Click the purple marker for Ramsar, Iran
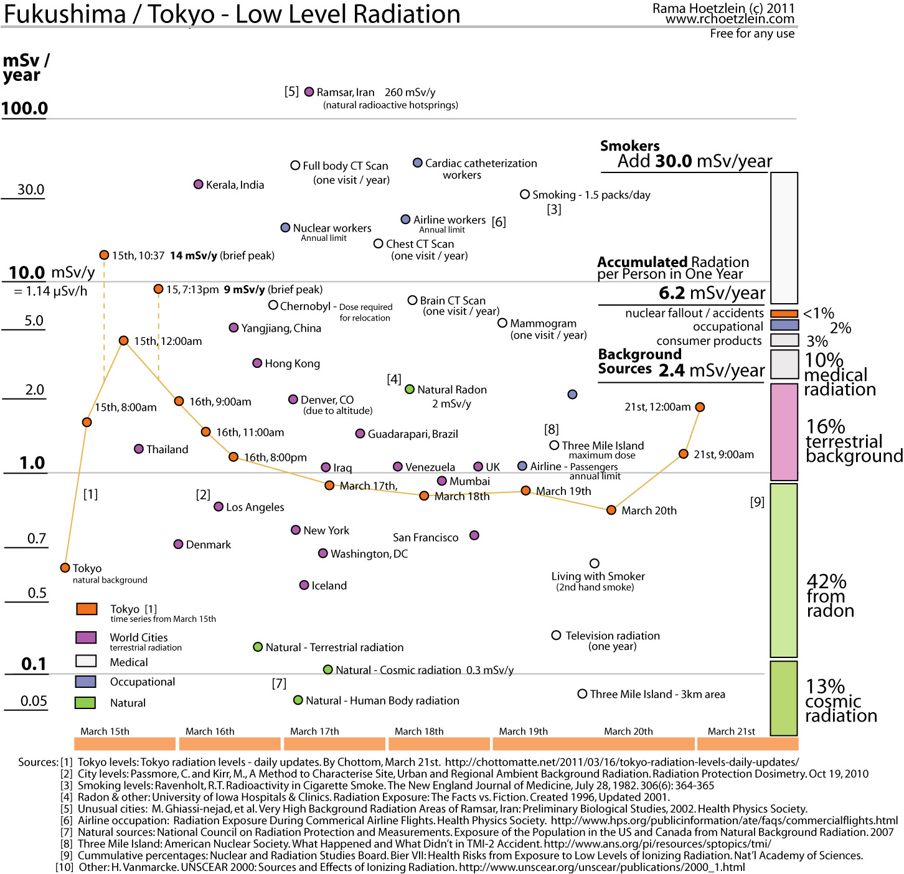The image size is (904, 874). tap(309, 92)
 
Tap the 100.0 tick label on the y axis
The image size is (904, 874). tap(25, 108)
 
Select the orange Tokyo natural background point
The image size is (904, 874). tap(65, 568)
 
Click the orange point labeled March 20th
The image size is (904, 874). tap(611, 510)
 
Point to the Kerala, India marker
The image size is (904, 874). tap(198, 184)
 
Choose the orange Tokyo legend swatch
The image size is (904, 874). tap(87, 609)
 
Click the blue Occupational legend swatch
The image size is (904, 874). tap(85, 682)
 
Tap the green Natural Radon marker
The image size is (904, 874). tap(410, 389)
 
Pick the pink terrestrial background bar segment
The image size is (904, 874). tap(784, 432)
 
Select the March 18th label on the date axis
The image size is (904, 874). tap(419, 731)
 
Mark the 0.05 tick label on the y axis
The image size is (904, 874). tap(34, 701)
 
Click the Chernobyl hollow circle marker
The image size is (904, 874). tap(273, 305)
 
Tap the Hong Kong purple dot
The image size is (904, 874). tap(257, 363)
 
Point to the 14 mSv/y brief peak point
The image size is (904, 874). tap(104, 255)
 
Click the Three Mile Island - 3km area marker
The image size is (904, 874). tap(582, 693)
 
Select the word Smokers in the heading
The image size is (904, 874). tap(630, 146)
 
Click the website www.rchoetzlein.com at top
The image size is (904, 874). tap(730, 19)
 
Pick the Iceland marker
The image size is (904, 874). tap(304, 585)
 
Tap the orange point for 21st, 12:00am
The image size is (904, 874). tap(700, 407)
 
